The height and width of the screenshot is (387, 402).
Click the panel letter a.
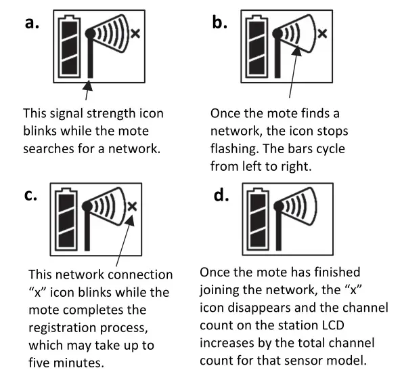(32, 22)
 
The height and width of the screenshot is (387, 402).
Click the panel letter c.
(30, 195)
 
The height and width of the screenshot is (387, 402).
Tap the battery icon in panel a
(69, 47)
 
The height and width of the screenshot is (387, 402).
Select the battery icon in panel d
(258, 219)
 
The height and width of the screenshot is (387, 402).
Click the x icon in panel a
(135, 34)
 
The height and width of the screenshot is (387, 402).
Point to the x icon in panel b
(322, 34)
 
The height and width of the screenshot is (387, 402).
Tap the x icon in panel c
(132, 206)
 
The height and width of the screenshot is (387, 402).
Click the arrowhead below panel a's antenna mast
(88, 85)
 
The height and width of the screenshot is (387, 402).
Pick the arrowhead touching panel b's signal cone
(297, 50)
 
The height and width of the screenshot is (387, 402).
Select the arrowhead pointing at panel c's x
(130, 220)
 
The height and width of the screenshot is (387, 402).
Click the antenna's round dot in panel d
(279, 206)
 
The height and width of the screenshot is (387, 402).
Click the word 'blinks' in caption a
(40, 131)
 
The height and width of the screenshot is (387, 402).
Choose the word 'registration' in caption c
(62, 328)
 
